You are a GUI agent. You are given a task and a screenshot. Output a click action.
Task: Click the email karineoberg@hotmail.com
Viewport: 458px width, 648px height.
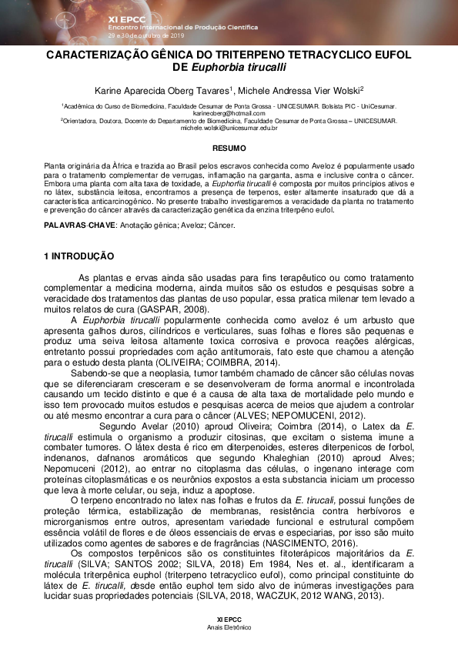click(x=229, y=113)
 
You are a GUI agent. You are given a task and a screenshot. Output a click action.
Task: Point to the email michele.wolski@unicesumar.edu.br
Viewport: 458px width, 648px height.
click(x=229, y=128)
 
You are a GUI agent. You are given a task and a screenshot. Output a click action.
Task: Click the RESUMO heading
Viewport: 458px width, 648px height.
click(x=229, y=148)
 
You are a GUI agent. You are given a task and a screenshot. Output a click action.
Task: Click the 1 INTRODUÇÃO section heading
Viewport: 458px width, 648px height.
click(x=79, y=256)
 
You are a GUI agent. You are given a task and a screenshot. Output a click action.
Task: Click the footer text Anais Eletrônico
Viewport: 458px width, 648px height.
click(x=229, y=628)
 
